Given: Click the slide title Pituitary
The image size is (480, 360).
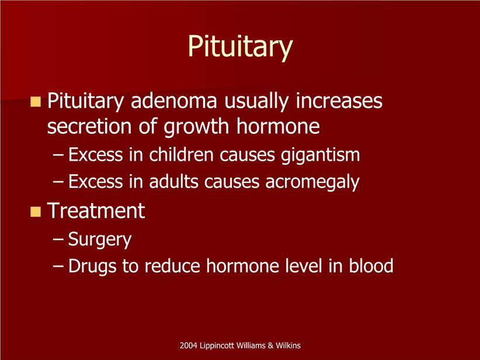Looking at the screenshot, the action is point(241,46).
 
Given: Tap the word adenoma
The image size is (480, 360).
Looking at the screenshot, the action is point(174,101).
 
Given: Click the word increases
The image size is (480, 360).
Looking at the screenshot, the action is point(339,101).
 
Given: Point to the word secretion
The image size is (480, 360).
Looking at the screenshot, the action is point(89,126).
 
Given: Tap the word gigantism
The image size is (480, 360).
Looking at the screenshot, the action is point(321,155).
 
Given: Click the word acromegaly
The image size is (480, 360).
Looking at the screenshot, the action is point(312,182).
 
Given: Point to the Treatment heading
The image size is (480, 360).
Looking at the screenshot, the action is point(96,210).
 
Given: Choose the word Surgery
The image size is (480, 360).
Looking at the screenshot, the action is point(100,240).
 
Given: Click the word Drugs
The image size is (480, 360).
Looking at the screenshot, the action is point(92,266).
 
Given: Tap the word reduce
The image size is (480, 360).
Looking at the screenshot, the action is point(172,265).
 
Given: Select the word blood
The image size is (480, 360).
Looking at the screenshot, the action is point(371,265).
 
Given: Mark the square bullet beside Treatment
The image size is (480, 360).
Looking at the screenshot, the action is point(36,212).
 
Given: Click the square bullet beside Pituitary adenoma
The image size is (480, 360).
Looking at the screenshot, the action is point(36,102).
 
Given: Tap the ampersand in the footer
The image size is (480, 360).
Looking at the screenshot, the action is point(270,345).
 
